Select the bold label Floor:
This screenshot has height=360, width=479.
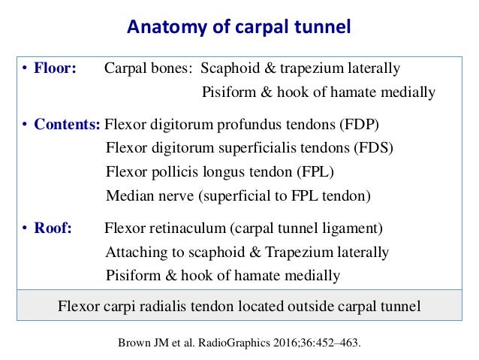pos(54,68)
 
